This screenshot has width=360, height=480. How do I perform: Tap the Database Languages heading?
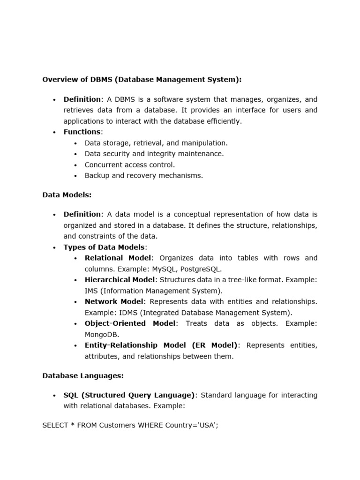[x=83, y=375]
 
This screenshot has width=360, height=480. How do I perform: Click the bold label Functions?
[x=82, y=132]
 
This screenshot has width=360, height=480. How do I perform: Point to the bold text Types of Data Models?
[x=105, y=247]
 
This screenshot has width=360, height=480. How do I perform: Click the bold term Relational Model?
[x=118, y=258]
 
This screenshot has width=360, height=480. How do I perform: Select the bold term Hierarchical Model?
[x=120, y=280]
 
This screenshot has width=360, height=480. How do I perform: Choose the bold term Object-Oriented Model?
[x=130, y=323]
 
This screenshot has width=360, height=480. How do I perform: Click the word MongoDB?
[x=102, y=335]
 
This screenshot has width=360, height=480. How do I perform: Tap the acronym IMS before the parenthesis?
[x=91, y=291]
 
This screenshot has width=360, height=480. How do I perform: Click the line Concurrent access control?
[x=129, y=165]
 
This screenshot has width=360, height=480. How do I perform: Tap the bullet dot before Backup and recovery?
[x=76, y=176]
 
